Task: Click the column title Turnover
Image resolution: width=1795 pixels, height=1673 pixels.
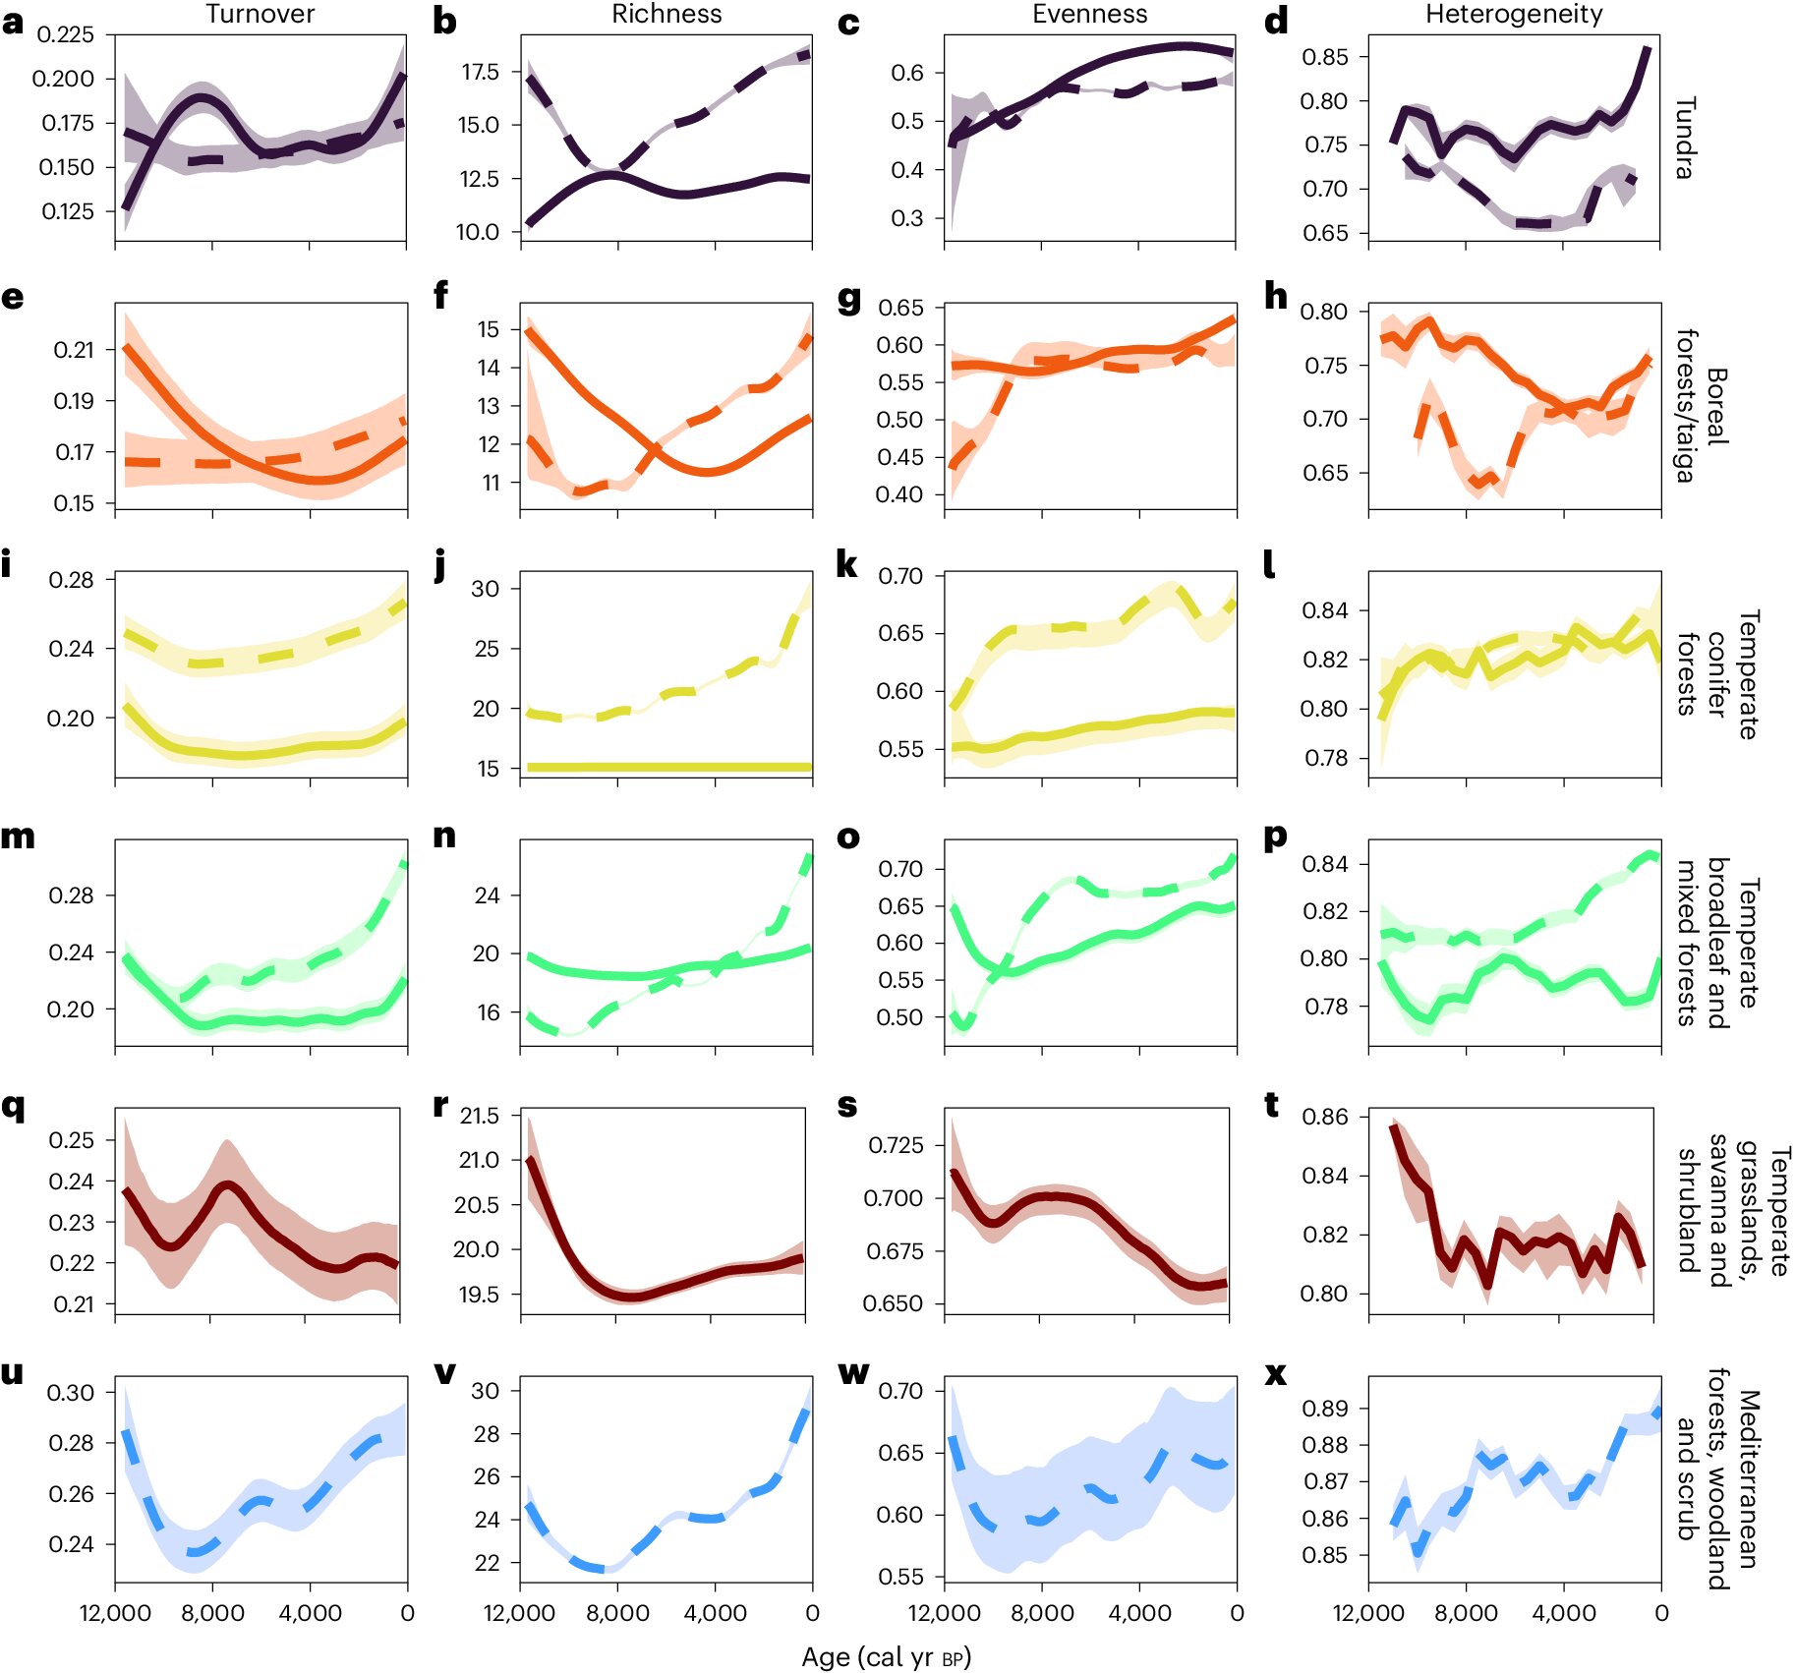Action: (260, 14)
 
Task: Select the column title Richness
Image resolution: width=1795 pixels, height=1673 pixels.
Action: (666, 14)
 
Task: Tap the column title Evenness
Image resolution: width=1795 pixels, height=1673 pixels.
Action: (1089, 14)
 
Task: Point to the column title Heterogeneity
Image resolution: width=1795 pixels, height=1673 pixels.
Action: (1514, 14)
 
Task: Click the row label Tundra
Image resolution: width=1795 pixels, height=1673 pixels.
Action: (1685, 138)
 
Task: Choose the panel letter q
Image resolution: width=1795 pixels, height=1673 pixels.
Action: (13, 1106)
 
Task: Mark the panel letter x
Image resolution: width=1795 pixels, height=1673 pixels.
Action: (1275, 1373)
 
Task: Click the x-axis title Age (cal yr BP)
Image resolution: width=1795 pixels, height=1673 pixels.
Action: (886, 1656)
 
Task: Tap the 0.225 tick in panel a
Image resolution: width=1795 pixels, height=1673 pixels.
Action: (65, 34)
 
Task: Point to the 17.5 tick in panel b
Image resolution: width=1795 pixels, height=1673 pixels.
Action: (479, 72)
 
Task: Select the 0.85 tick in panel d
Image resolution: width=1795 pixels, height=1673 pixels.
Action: (1324, 57)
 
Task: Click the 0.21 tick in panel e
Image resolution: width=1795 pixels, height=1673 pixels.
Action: (74, 350)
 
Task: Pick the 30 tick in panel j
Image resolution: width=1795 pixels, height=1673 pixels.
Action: (486, 589)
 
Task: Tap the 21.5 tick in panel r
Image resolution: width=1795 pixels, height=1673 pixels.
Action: (479, 1116)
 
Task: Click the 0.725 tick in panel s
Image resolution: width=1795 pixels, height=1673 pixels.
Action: (896, 1145)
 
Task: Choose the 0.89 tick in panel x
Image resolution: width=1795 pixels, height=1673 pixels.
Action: (1324, 1409)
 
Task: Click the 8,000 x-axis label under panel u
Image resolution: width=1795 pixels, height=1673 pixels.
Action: (212, 1613)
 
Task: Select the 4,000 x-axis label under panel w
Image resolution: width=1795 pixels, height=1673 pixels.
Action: (1139, 1613)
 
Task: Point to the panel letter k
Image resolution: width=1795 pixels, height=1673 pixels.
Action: (845, 565)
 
